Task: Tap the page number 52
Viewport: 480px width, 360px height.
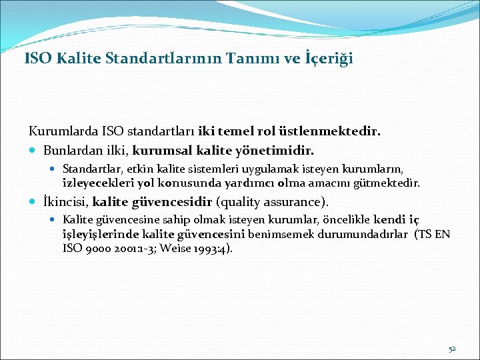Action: tap(451, 349)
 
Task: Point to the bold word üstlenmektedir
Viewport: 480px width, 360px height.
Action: tap(340, 132)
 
